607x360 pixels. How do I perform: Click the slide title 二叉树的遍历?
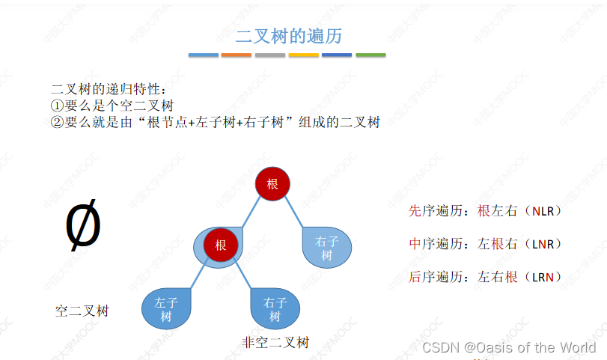[289, 35]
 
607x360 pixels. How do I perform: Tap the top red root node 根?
[272, 184]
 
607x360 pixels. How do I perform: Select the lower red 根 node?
[221, 245]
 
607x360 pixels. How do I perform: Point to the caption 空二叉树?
[82, 310]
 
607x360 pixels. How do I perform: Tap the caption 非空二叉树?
[275, 342]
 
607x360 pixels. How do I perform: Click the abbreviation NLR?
[543, 211]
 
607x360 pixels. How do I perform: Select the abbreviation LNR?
[543, 244]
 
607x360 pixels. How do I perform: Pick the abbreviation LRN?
[543, 277]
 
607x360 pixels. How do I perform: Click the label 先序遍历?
[432, 211]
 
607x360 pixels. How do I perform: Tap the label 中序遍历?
[432, 244]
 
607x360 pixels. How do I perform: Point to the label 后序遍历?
[432, 277]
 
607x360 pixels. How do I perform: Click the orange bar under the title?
[236, 55]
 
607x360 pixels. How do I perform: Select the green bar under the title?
[370, 55]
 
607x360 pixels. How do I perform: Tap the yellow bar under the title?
[303, 55]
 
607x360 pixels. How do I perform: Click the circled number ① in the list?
[56, 106]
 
